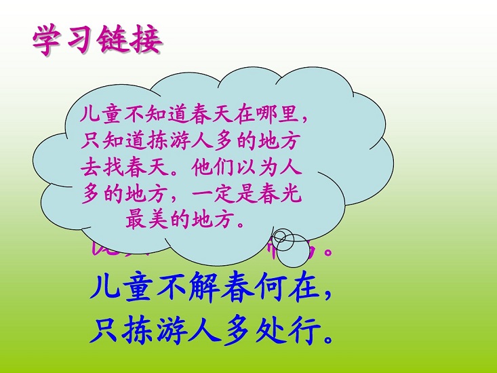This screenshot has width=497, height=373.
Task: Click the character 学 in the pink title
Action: (49, 40)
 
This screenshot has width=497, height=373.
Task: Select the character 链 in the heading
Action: (115, 40)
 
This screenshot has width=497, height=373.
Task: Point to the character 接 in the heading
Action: (147, 40)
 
